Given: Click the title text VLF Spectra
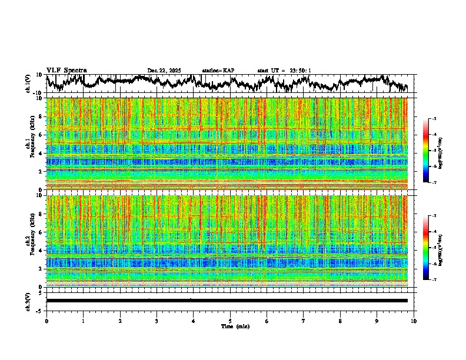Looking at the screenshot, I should click(x=66, y=71).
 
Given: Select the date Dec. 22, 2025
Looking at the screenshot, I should click(x=164, y=71).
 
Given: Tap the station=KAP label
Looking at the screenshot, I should click(x=218, y=71).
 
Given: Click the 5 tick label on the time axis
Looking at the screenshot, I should click(x=230, y=321).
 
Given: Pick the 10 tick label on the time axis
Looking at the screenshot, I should click(x=414, y=321).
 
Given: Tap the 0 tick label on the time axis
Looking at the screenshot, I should click(x=46, y=321).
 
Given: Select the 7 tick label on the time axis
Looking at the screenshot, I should click(x=304, y=321).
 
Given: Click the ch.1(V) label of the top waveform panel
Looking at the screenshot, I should click(x=28, y=84).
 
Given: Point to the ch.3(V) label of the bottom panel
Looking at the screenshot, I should click(x=28, y=301).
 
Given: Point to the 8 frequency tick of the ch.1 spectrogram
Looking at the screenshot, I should click(x=42, y=116).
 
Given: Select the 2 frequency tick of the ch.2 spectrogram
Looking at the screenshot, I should click(x=42, y=268).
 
